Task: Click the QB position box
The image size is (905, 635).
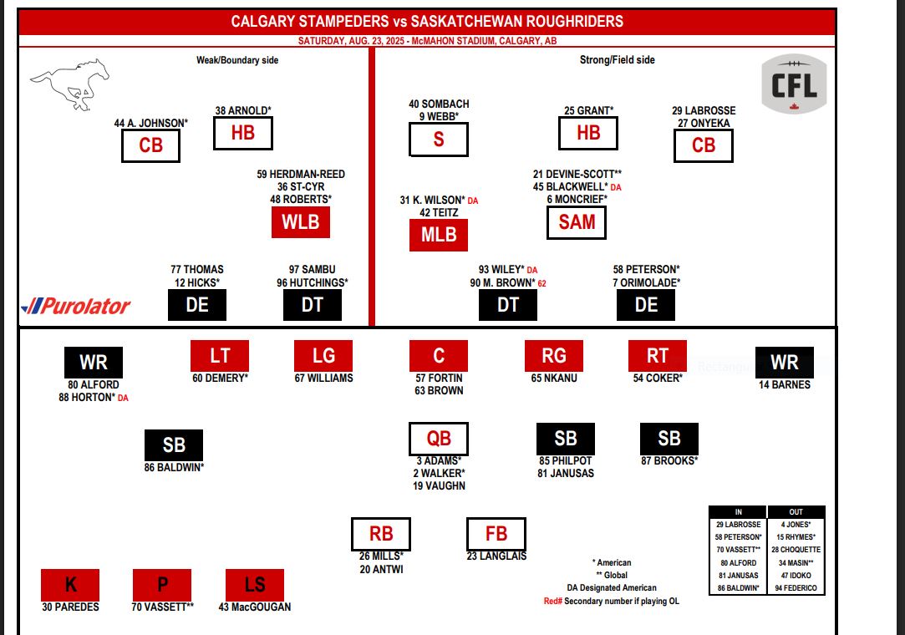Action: [439, 439]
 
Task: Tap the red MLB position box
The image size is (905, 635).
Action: [439, 236]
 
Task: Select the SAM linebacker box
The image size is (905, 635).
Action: [577, 221]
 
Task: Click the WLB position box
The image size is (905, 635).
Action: [300, 222]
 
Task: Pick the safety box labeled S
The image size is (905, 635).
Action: [439, 140]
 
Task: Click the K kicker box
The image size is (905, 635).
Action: [70, 585]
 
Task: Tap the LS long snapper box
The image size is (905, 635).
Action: [255, 585]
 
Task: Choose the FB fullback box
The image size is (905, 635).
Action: [496, 534]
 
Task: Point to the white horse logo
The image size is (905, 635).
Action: [70, 82]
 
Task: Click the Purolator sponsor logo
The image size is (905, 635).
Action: [76, 306]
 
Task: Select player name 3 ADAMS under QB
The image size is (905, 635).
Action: [439, 460]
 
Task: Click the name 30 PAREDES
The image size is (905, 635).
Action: [70, 607]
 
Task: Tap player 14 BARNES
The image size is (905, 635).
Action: [785, 385]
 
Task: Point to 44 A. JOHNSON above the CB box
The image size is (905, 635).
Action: [151, 123]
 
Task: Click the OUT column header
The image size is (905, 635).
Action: [796, 511]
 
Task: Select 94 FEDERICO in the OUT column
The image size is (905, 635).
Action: [796, 588]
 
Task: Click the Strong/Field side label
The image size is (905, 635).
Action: [618, 60]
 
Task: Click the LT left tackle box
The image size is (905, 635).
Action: [220, 355]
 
